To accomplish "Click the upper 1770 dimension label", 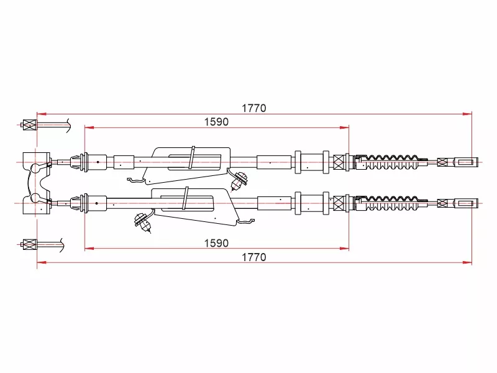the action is pyautogui.click(x=254, y=108).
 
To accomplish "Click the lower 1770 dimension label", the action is pyautogui.click(x=254, y=257).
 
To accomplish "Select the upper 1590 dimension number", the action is pyautogui.click(x=216, y=122).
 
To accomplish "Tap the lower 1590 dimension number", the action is pyautogui.click(x=216, y=243).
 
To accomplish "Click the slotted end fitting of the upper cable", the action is pyautogui.click(x=465, y=162).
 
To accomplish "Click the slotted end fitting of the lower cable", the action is pyautogui.click(x=465, y=203).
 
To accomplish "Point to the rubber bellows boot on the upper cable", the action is pyautogui.click(x=391, y=162).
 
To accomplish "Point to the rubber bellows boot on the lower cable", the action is pyautogui.click(x=391, y=203).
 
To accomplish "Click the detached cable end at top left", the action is pyautogui.click(x=44, y=125).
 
